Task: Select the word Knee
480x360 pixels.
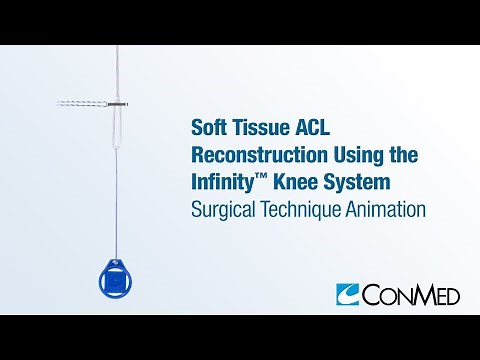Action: pos(300,184)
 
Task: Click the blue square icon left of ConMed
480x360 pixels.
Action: pos(348,294)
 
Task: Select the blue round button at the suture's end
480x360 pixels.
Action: pos(116,282)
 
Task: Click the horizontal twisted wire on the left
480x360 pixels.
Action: pos(80,103)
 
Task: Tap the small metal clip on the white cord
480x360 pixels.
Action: pos(116,103)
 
